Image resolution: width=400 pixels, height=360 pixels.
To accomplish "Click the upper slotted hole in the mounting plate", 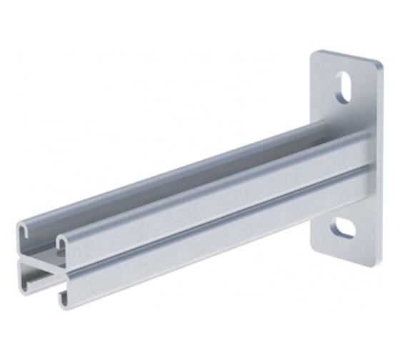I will tap(343, 87).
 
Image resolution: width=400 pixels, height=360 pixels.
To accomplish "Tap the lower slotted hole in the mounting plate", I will tap(344, 228).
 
